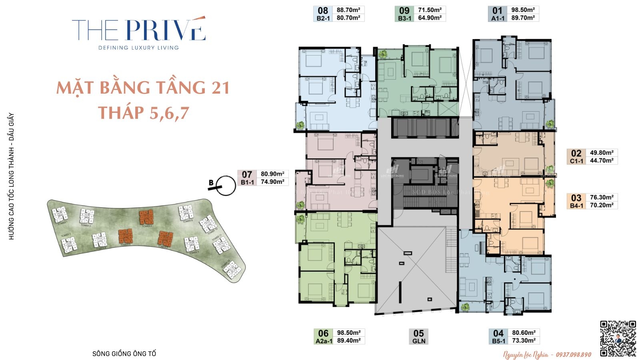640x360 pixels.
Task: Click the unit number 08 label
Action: pyautogui.click(x=323, y=10)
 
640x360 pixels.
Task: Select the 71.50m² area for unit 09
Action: pyautogui.click(x=430, y=10)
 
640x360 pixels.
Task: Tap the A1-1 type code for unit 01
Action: pyautogui.click(x=498, y=18)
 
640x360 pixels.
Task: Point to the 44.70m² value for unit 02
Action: pyautogui.click(x=602, y=160)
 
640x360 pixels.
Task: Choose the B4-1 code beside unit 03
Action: pyautogui.click(x=576, y=206)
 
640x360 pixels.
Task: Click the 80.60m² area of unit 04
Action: pyautogui.click(x=524, y=332)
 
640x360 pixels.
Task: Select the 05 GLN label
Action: pyautogui.click(x=419, y=336)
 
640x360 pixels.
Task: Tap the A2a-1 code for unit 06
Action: pyautogui.click(x=324, y=341)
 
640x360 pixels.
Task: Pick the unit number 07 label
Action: pyautogui.click(x=247, y=174)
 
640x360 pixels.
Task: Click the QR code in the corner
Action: pyautogui.click(x=618, y=338)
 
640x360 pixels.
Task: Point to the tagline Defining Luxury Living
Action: pyautogui.click(x=139, y=48)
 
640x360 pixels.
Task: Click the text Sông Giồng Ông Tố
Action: pyautogui.click(x=124, y=354)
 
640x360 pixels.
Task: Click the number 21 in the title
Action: pyautogui.click(x=220, y=88)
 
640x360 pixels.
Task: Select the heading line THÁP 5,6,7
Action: pyautogui.click(x=143, y=113)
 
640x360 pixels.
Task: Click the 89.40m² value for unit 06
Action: pyautogui.click(x=348, y=340)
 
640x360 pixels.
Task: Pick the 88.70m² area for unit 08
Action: pyautogui.click(x=348, y=10)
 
